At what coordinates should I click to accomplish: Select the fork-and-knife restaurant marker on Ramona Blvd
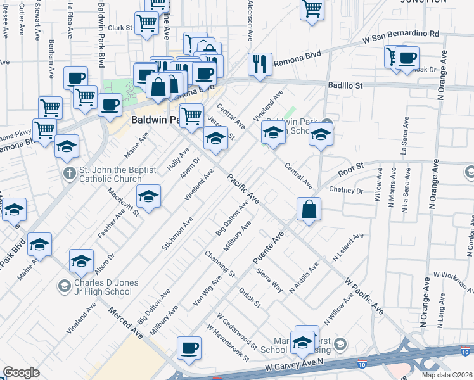tap(260, 64)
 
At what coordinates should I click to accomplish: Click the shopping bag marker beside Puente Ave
tap(308, 208)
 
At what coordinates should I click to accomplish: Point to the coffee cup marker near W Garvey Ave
tap(188, 348)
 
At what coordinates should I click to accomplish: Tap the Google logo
tap(21, 372)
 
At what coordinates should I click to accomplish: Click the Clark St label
tap(119, 28)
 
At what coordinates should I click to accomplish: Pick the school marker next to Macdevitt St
tap(149, 196)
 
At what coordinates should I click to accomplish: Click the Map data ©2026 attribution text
tap(447, 375)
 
